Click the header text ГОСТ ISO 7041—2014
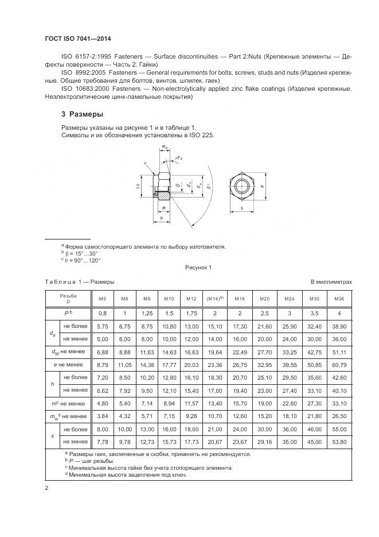pyautogui.click(x=77, y=38)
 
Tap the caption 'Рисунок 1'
pyautogui.click(x=198, y=268)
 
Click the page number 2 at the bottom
pyautogui.click(x=46, y=488)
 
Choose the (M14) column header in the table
pyautogui.click(x=214, y=299)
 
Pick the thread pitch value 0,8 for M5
pyautogui.click(x=103, y=313)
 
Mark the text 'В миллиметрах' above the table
pyautogui.click(x=331, y=282)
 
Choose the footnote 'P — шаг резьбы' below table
pyautogui.click(x=91, y=461)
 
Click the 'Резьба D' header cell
pyautogui.click(x=68, y=299)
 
